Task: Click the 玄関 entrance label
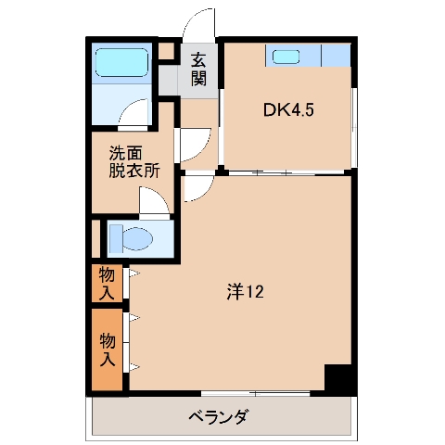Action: point(198,70)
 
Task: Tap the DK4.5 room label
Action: point(289,110)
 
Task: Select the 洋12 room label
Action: point(246,293)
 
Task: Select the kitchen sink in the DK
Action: point(286,57)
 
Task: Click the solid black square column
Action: point(339,379)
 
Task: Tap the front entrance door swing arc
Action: point(198,24)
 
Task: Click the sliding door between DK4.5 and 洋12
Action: point(287,172)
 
